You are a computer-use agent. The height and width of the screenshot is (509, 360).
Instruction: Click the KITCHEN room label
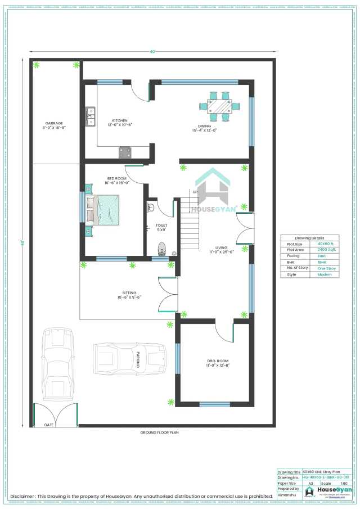(x=119, y=120)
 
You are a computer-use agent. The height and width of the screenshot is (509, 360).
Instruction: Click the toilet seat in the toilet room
(x=162, y=248)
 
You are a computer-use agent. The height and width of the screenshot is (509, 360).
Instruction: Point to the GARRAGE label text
(x=54, y=123)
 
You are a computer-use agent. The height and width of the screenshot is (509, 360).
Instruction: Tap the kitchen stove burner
(x=125, y=152)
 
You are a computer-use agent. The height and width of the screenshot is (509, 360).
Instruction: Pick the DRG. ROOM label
(x=217, y=361)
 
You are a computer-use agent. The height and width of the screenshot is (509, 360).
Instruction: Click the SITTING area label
(x=129, y=293)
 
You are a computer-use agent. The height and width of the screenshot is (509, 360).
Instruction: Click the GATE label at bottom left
(x=49, y=425)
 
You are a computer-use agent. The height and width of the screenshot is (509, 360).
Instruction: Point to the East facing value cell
(x=322, y=255)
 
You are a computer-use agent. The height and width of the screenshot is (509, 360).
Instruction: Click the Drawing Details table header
(x=309, y=238)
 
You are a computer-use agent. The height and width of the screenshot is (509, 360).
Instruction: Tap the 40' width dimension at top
(x=152, y=52)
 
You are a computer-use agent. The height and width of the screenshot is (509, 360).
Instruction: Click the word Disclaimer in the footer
(x=24, y=496)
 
